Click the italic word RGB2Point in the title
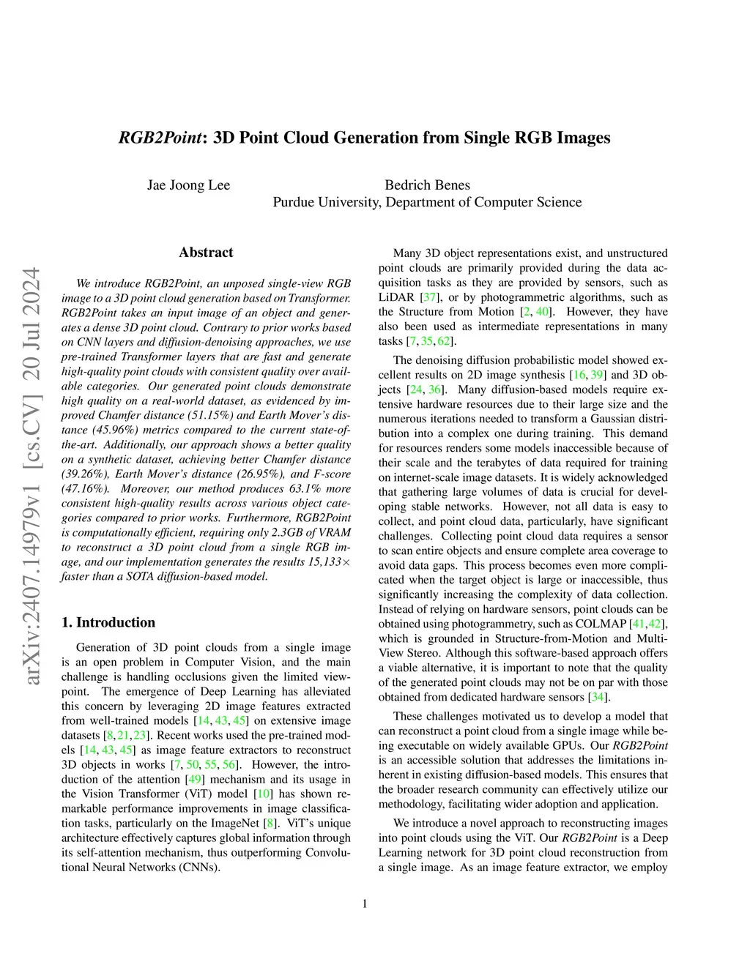click(x=160, y=138)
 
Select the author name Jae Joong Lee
click(x=188, y=185)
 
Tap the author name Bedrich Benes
click(x=427, y=185)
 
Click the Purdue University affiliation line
click(x=427, y=202)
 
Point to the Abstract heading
click(x=206, y=253)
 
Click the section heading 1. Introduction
click(x=108, y=622)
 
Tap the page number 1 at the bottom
click(x=365, y=903)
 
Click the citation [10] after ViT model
click(x=263, y=794)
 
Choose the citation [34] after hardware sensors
click(x=598, y=697)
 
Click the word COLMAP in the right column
click(x=603, y=624)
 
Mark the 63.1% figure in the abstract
click(x=306, y=488)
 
